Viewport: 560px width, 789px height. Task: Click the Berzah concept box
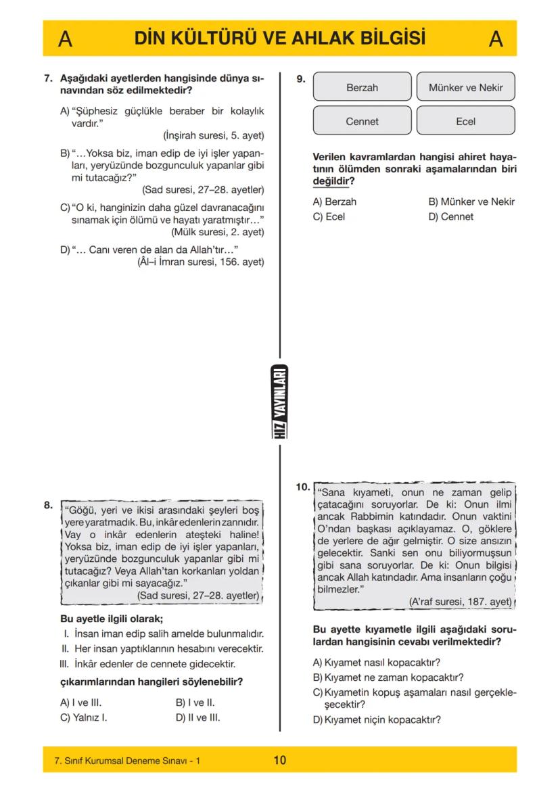pos(362,87)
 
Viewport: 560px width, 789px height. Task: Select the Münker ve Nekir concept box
pos(465,87)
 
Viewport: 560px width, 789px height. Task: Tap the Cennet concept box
pos(362,122)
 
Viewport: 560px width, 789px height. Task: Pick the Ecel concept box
pos(465,122)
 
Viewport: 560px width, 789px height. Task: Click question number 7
pos(48,78)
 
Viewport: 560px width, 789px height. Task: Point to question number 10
pos(303,486)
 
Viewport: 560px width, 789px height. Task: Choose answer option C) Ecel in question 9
pos(327,217)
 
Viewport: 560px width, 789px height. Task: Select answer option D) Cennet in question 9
pos(450,217)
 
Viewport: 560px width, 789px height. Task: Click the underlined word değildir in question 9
pos(329,181)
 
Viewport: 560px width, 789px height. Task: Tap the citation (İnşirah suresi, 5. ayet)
pos(214,135)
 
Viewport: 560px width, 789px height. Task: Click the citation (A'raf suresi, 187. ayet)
pos(461,601)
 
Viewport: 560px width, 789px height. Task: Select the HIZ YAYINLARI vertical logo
pos(280,402)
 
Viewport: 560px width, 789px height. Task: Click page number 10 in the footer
pos(279,760)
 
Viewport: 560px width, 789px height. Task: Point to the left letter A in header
pos(65,39)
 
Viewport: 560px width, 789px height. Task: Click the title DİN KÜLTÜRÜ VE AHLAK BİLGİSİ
pos(279,38)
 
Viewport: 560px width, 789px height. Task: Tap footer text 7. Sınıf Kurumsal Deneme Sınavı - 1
pos(127,761)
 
